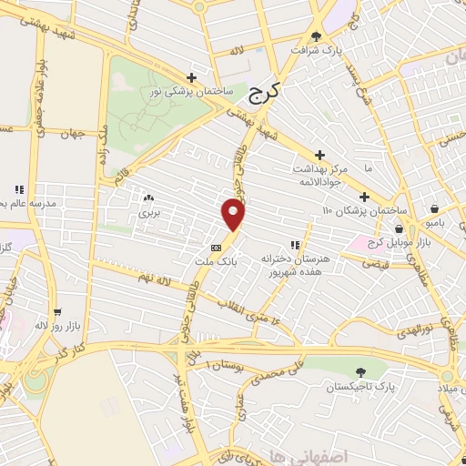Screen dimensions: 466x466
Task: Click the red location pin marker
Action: point(234,215)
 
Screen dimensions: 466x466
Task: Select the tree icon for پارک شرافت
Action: point(316,37)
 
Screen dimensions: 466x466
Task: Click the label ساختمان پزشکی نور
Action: point(191,93)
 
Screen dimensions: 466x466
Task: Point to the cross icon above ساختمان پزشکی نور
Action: point(191,78)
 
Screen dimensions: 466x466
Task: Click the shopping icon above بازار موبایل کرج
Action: point(398,229)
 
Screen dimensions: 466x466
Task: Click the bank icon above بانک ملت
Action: point(217,247)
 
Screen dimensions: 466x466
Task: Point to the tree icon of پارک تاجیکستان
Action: point(361,372)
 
